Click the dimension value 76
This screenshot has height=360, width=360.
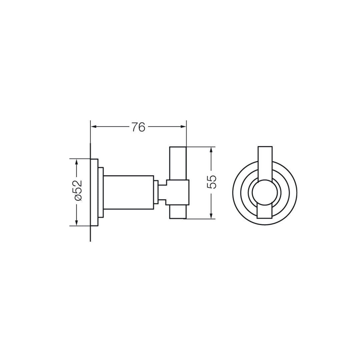click(x=139, y=127)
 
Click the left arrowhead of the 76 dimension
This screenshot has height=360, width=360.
click(x=94, y=127)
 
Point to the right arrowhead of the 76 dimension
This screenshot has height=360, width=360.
click(x=183, y=127)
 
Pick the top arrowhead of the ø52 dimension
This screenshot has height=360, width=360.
click(x=76, y=162)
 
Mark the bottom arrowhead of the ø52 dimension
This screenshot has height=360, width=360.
click(x=76, y=222)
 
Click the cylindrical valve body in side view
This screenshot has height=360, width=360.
click(x=129, y=192)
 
